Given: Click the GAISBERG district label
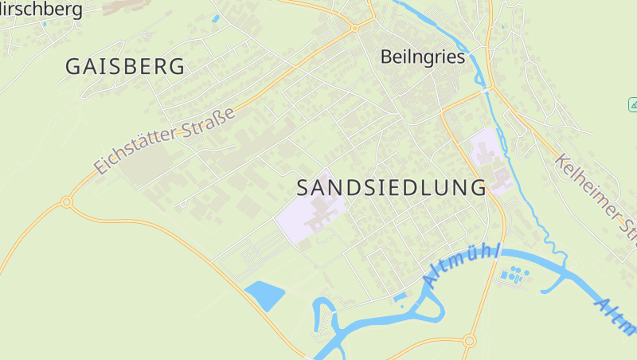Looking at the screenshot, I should (x=124, y=67).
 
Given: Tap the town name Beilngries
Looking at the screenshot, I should (x=421, y=57).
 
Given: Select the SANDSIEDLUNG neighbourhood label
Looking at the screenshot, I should (x=391, y=188).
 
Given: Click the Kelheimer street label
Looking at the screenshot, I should (x=598, y=195).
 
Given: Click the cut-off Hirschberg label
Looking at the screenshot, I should (x=41, y=10).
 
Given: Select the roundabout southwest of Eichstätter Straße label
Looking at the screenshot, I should (x=67, y=202).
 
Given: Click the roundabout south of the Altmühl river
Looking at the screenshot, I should (x=469, y=341).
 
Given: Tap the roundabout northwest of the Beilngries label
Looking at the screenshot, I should (x=355, y=28).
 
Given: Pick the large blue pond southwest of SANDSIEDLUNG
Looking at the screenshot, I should (x=265, y=295).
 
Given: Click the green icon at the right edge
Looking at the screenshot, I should (x=633, y=104).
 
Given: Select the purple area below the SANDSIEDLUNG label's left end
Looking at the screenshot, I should (x=311, y=213).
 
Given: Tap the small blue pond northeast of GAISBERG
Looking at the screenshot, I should (x=216, y=18).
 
